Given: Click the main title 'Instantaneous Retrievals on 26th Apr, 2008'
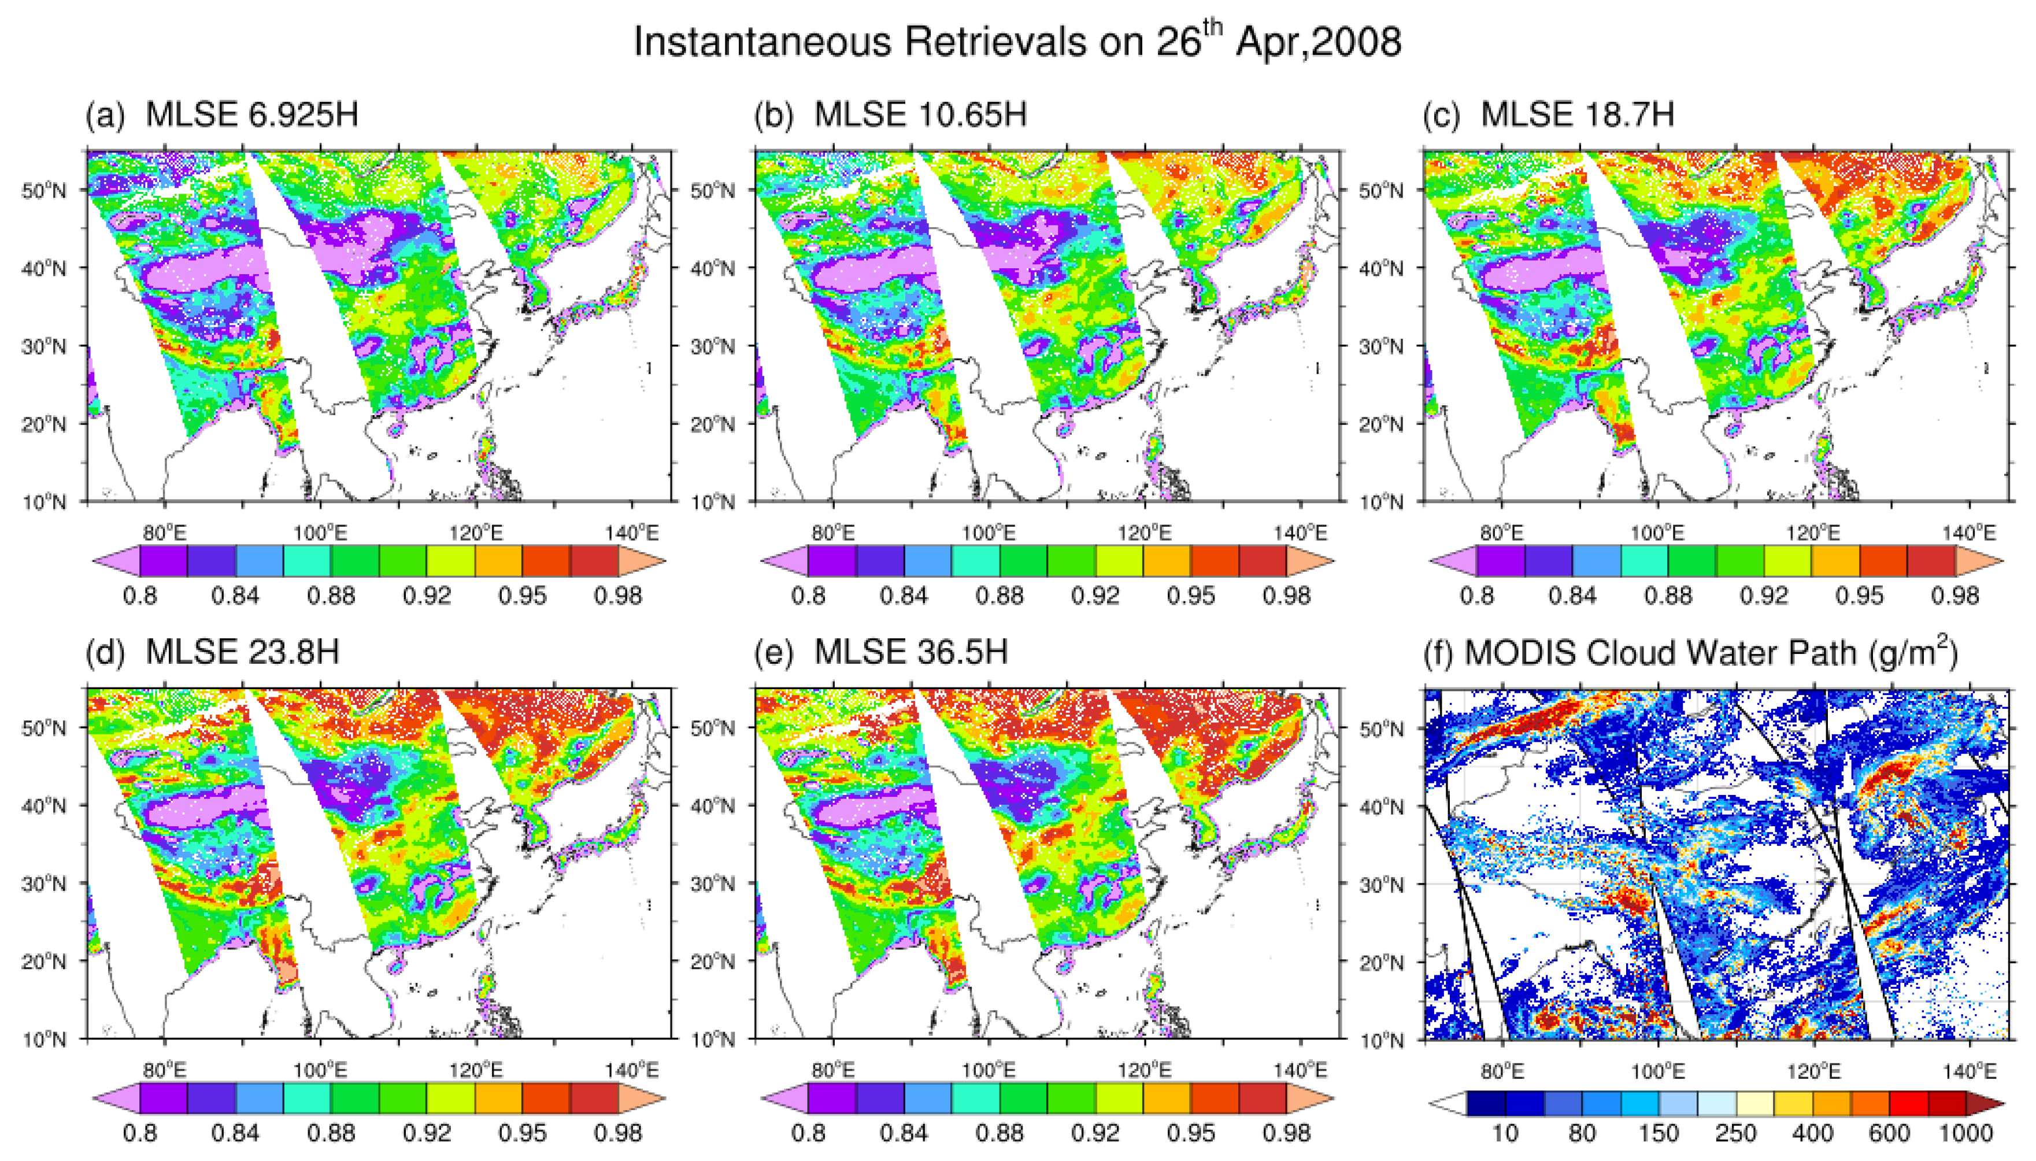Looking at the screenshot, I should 1017,42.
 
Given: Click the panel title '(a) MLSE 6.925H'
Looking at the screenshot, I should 221,115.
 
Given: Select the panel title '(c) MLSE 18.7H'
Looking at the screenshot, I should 1548,115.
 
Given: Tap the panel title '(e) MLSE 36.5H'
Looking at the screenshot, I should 881,652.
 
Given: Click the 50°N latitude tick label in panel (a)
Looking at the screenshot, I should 44,191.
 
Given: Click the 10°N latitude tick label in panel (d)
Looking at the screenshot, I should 44,1040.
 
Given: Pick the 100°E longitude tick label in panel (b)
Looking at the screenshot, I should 989,533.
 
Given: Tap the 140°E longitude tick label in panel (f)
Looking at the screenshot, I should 1969,1071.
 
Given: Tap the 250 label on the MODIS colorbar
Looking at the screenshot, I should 1735,1133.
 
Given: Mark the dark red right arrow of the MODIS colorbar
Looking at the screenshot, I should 1987,1105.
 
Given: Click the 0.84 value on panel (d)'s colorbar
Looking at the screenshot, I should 235,1133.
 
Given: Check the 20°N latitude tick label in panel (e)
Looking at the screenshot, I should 712,962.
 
